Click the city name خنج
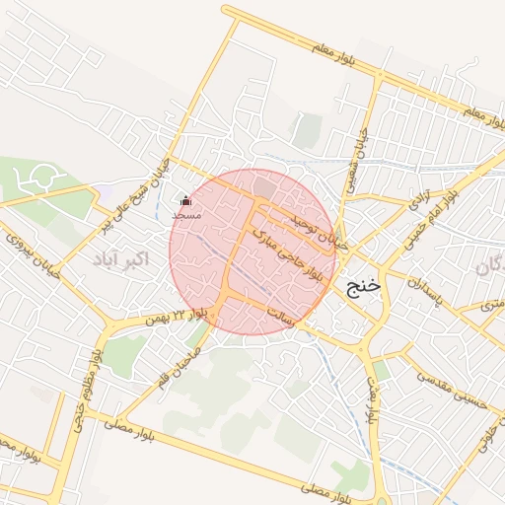363,286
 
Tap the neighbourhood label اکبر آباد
120,259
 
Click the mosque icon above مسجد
186,201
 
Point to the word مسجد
186,214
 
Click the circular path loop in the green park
41,179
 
